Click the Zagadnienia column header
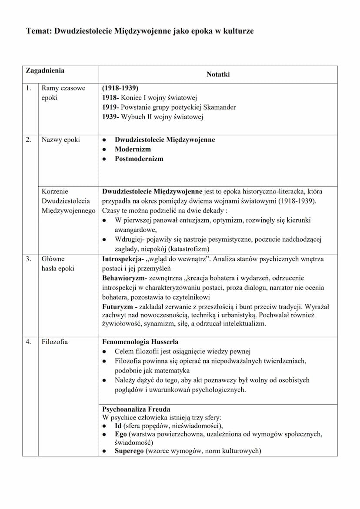45,70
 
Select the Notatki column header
218,74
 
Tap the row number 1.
28,88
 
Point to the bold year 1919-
110,107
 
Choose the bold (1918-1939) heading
120,88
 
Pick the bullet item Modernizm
133,149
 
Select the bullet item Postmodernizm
139,159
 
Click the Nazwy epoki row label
60,140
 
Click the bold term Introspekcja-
123,259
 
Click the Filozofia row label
55,342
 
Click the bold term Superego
129,451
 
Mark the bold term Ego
121,434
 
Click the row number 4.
28,342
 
